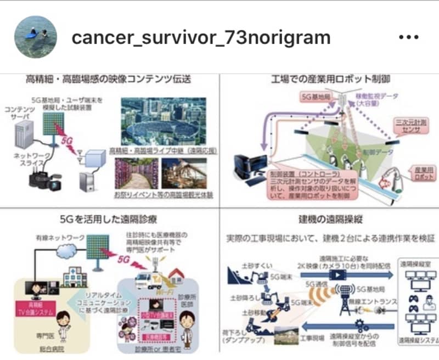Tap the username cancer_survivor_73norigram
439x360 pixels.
pos(201,37)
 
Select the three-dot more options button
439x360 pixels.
pos(409,37)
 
